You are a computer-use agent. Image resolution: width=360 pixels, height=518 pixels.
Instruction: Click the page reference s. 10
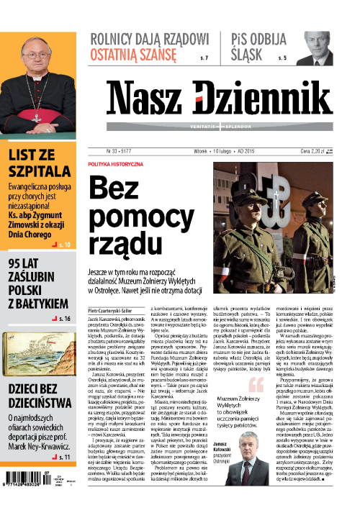[64, 245]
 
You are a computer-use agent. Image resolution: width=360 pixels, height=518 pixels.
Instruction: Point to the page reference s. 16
[63, 317]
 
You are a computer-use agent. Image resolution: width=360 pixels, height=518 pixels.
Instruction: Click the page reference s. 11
[63, 456]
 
